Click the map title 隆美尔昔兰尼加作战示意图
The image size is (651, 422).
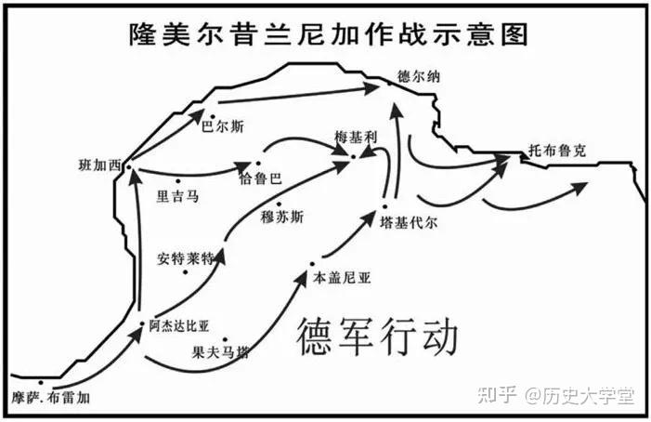329,34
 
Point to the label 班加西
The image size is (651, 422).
100,166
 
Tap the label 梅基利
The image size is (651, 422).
357,138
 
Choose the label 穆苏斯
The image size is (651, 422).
282,218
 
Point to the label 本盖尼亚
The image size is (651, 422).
343,278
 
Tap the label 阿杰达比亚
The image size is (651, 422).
179,326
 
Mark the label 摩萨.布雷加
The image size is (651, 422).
53,397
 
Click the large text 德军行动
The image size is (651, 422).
376,336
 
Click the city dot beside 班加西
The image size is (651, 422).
127,168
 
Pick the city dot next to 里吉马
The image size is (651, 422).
177,181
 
